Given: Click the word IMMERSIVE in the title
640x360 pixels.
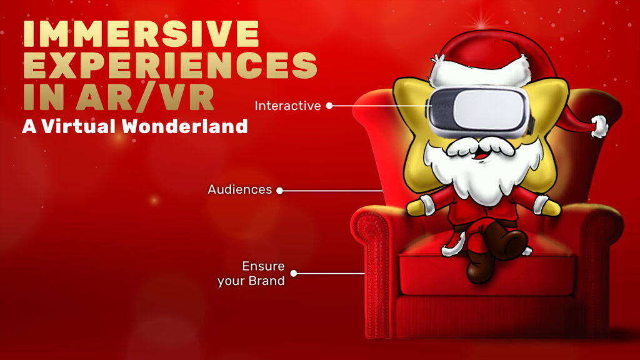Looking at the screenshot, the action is pos(141,34).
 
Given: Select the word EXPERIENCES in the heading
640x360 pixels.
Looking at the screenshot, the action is pos(170,65).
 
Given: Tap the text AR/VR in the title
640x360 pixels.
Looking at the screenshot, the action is pos(145,97).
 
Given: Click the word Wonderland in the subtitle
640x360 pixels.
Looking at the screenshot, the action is pos(185,126).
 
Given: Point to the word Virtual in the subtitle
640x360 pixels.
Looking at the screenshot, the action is pos(78,126).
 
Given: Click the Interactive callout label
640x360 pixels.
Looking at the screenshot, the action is pos(287,106).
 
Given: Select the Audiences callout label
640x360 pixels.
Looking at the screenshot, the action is pos(239,189).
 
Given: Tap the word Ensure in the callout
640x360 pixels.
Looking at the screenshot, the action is pos(263,266).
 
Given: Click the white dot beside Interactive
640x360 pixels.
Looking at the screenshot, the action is pos(329,106).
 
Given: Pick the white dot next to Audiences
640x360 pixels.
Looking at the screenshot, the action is pos(279,191).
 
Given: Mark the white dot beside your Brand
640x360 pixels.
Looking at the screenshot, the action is pos(294,274).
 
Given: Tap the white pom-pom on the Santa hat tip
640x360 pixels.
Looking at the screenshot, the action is pos(599,126).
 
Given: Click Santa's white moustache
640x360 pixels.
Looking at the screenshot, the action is pos(481,147).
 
